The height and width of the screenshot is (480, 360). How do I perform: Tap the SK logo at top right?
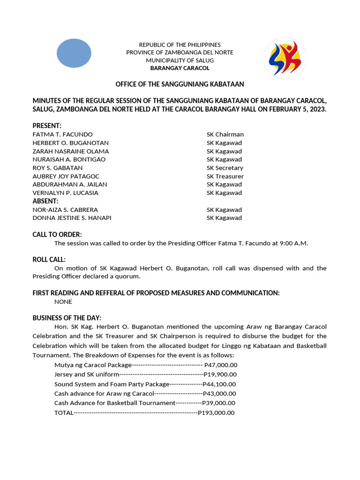pyautogui.click(x=285, y=58)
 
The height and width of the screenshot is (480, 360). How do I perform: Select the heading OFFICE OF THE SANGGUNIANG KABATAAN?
pyautogui.click(x=180, y=84)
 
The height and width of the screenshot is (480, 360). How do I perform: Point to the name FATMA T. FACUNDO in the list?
pyautogui.click(x=62, y=135)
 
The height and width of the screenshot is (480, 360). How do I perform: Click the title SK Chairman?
pyautogui.click(x=225, y=135)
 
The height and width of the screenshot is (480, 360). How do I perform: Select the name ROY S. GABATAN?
pyautogui.click(x=57, y=168)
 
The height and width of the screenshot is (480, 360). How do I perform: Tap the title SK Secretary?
pyautogui.click(x=225, y=168)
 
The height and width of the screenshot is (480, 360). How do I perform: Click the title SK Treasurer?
pyautogui.click(x=225, y=176)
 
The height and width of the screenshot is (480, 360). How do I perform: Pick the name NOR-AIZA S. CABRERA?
pyautogui.click(x=65, y=210)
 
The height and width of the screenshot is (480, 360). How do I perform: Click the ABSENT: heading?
pyautogui.click(x=45, y=201)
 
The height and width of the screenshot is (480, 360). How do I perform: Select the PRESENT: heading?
pyautogui.click(x=47, y=126)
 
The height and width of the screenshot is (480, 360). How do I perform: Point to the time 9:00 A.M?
pyautogui.click(x=292, y=243)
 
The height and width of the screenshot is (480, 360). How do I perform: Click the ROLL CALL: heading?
pyautogui.click(x=49, y=260)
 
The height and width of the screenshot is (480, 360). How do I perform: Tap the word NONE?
pyautogui.click(x=63, y=302)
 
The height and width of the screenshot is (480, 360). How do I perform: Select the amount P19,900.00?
pyautogui.click(x=220, y=374)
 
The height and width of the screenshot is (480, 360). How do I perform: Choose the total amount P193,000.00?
pyautogui.click(x=216, y=413)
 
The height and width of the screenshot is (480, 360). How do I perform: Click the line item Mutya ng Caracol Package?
pyautogui.click(x=92, y=365)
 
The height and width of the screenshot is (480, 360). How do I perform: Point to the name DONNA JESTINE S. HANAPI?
pyautogui.click(x=72, y=218)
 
